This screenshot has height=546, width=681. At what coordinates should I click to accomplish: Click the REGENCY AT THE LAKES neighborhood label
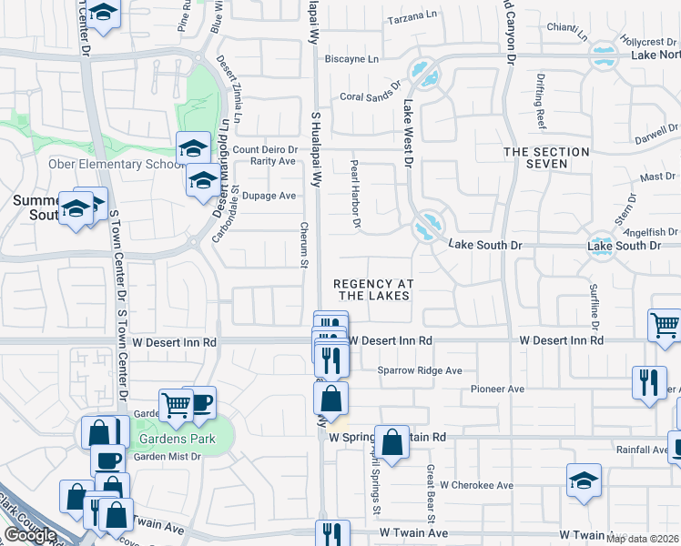(374, 290)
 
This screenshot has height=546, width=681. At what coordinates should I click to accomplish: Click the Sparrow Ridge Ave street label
(420, 370)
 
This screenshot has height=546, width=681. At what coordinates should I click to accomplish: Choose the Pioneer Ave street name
(497, 389)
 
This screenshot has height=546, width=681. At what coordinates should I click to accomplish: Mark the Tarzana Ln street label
(413, 19)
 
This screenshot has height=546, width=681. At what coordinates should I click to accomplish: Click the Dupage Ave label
(274, 196)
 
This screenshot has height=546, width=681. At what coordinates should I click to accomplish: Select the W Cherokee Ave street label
(474, 485)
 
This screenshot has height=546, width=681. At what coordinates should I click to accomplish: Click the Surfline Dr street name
(593, 306)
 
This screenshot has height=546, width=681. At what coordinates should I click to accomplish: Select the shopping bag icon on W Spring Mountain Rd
(391, 443)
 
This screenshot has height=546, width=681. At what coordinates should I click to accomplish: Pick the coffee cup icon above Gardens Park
(199, 400)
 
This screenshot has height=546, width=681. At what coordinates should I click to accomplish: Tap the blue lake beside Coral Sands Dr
(420, 69)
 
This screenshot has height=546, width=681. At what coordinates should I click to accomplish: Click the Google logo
(29, 535)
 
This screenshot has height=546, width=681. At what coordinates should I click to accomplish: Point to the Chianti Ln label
(567, 33)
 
